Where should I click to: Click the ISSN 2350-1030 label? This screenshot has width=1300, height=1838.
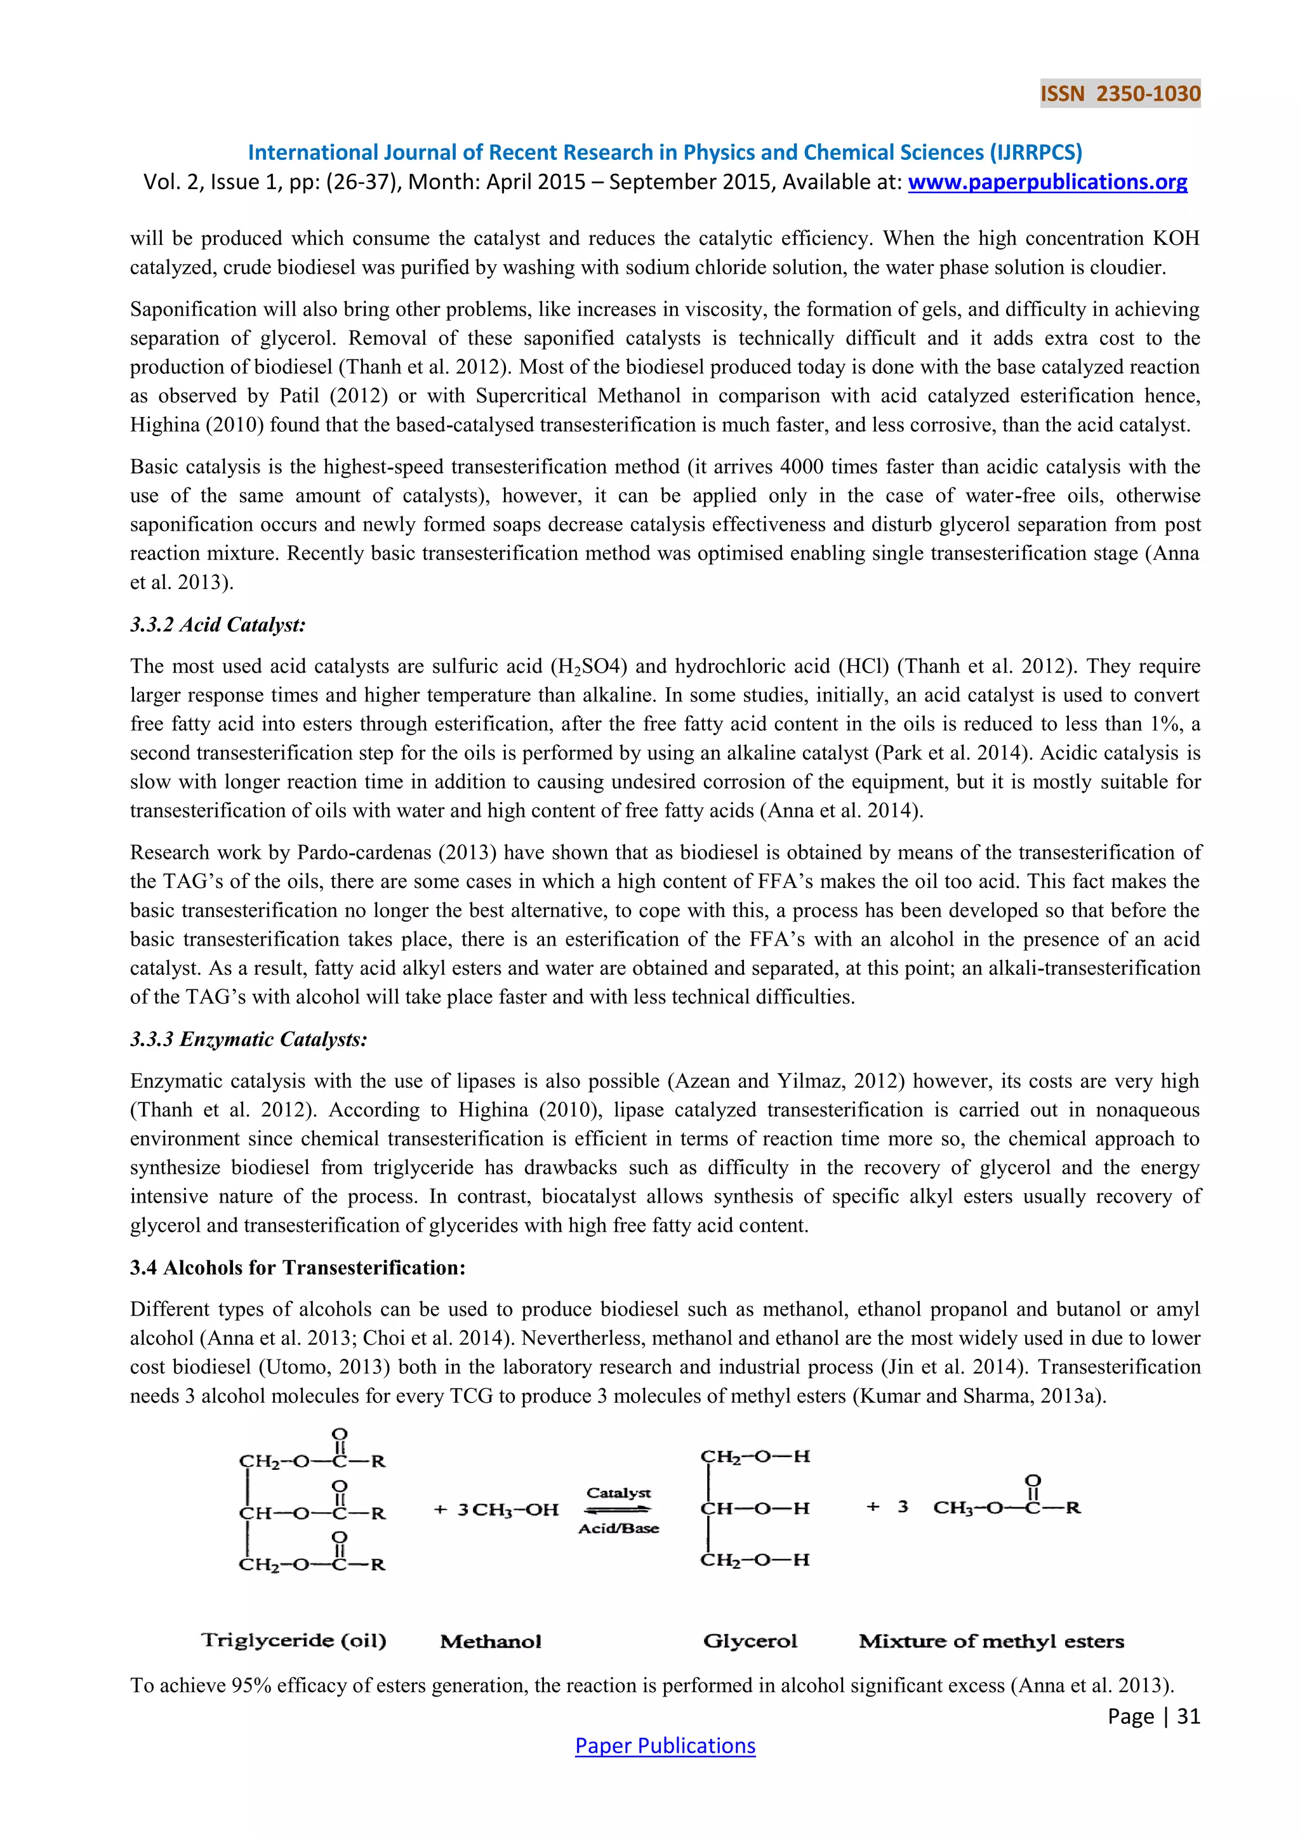pyautogui.click(x=1120, y=94)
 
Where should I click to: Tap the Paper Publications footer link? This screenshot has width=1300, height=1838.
pyautogui.click(x=665, y=1745)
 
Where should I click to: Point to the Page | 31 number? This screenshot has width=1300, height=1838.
pyautogui.click(x=1153, y=1716)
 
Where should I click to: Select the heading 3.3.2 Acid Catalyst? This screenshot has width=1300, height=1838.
pyautogui.click(x=218, y=625)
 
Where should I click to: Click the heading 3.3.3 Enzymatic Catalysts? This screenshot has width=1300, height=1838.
pyautogui.click(x=248, y=1039)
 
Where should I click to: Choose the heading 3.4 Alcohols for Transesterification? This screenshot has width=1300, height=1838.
pyautogui.click(x=297, y=1267)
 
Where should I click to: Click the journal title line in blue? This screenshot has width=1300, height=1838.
pyautogui.click(x=665, y=152)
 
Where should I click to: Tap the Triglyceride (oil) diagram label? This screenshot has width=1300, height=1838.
pyautogui.click(x=294, y=1640)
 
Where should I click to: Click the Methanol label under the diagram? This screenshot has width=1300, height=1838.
pyautogui.click(x=491, y=1642)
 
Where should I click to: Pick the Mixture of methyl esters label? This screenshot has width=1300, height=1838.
pyautogui.click(x=991, y=1641)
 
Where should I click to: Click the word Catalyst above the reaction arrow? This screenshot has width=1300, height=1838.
pyautogui.click(x=618, y=1493)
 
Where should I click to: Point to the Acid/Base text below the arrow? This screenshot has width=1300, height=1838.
pyautogui.click(x=618, y=1528)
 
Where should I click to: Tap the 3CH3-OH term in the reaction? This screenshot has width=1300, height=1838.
pyautogui.click(x=508, y=1510)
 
